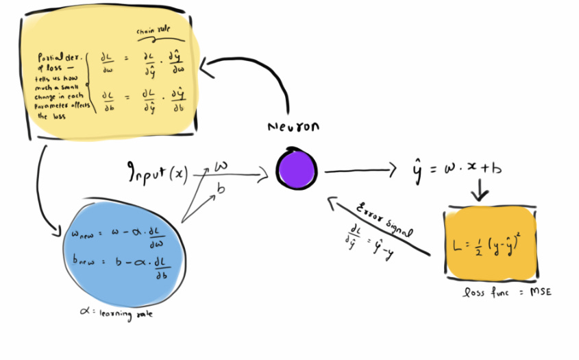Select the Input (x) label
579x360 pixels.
point(158,173)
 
